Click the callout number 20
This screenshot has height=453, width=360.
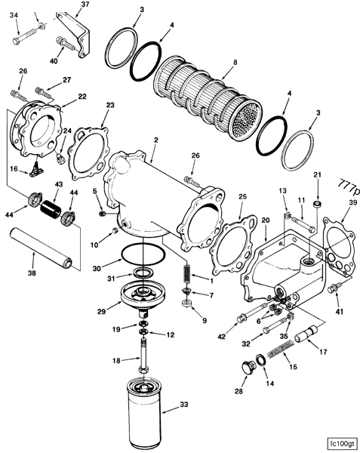click(x=265, y=220)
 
